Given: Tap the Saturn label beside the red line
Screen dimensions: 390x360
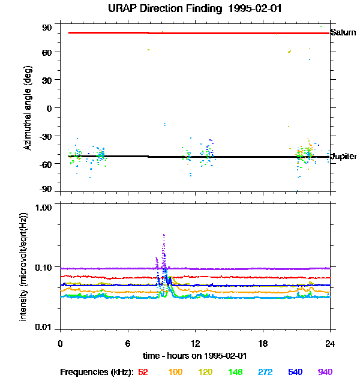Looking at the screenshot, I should [343, 32].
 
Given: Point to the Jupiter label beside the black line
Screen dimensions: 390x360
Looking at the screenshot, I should [344, 157].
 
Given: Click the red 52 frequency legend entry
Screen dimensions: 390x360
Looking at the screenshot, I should [143, 372].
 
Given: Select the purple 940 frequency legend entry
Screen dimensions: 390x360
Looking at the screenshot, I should [325, 372].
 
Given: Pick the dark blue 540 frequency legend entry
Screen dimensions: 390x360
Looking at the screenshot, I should [295, 372].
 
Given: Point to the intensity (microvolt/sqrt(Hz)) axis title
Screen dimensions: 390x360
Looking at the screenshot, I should [24, 266].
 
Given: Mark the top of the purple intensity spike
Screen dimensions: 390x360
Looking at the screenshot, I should [164, 235].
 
